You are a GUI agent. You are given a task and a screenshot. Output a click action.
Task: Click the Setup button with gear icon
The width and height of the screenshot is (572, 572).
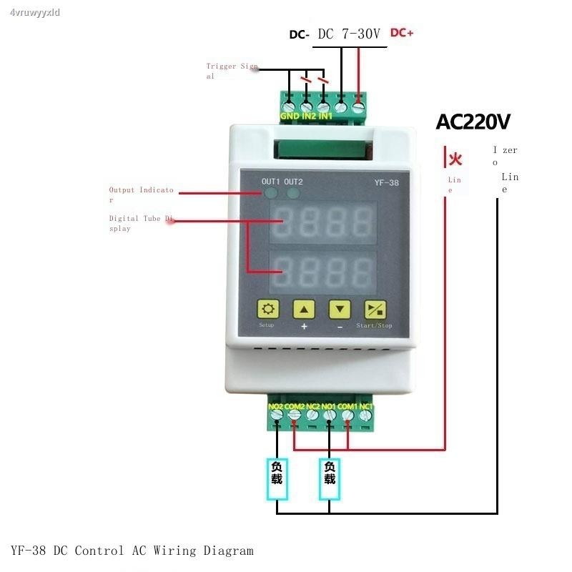(x=268, y=310)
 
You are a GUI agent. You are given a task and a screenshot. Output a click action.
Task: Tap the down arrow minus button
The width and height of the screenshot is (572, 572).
(x=340, y=310)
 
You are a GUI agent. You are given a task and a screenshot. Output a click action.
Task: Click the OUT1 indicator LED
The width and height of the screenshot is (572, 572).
(x=271, y=193)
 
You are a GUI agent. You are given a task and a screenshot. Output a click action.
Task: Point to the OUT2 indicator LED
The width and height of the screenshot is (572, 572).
(x=293, y=193)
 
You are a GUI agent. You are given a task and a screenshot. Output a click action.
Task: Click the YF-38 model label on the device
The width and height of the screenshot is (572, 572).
(x=386, y=182)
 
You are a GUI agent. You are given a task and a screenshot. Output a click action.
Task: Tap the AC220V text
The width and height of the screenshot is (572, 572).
(x=473, y=122)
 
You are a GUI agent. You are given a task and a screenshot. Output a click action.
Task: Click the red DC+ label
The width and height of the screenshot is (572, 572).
(x=402, y=33)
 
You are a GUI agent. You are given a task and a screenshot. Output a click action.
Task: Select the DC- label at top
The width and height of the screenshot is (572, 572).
(x=299, y=34)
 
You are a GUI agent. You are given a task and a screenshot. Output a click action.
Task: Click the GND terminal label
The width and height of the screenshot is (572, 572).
(x=289, y=116)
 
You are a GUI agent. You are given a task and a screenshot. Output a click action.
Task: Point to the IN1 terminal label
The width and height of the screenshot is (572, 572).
(x=325, y=116)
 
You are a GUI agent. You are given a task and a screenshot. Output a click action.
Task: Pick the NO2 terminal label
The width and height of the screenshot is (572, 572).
(x=275, y=407)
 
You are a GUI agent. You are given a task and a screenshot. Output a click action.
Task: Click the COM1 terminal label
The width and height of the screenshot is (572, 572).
(x=347, y=407)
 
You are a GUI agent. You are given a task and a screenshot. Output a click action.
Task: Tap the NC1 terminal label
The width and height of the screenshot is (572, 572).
(x=365, y=407)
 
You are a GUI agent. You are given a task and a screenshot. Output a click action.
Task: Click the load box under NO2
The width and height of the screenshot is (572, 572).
(x=277, y=473)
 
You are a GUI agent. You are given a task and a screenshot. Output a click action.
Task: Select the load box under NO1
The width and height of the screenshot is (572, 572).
(x=329, y=473)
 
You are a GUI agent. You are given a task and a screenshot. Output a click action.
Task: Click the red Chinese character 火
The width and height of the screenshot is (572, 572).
(x=455, y=159)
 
